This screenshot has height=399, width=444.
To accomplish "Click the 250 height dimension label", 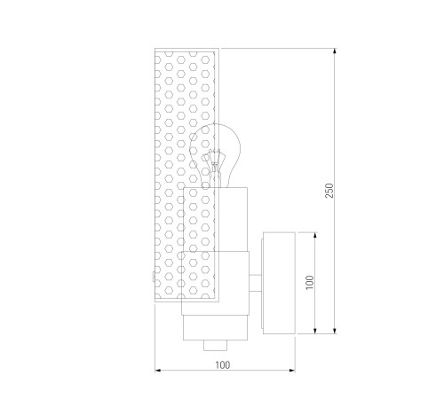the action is tap(329, 191).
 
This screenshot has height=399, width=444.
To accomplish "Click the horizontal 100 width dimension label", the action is tap(222, 365).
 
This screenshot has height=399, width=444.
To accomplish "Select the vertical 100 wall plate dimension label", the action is tap(310, 283).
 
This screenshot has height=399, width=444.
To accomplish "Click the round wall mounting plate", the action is tap(279, 283).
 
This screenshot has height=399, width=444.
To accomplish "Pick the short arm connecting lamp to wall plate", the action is tap(255, 283).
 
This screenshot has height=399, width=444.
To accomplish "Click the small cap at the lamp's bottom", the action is tap(215, 345).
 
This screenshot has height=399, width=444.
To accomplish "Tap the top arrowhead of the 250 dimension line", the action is tap(335, 51).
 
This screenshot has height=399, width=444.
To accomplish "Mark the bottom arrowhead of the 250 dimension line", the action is tap(335, 331).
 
